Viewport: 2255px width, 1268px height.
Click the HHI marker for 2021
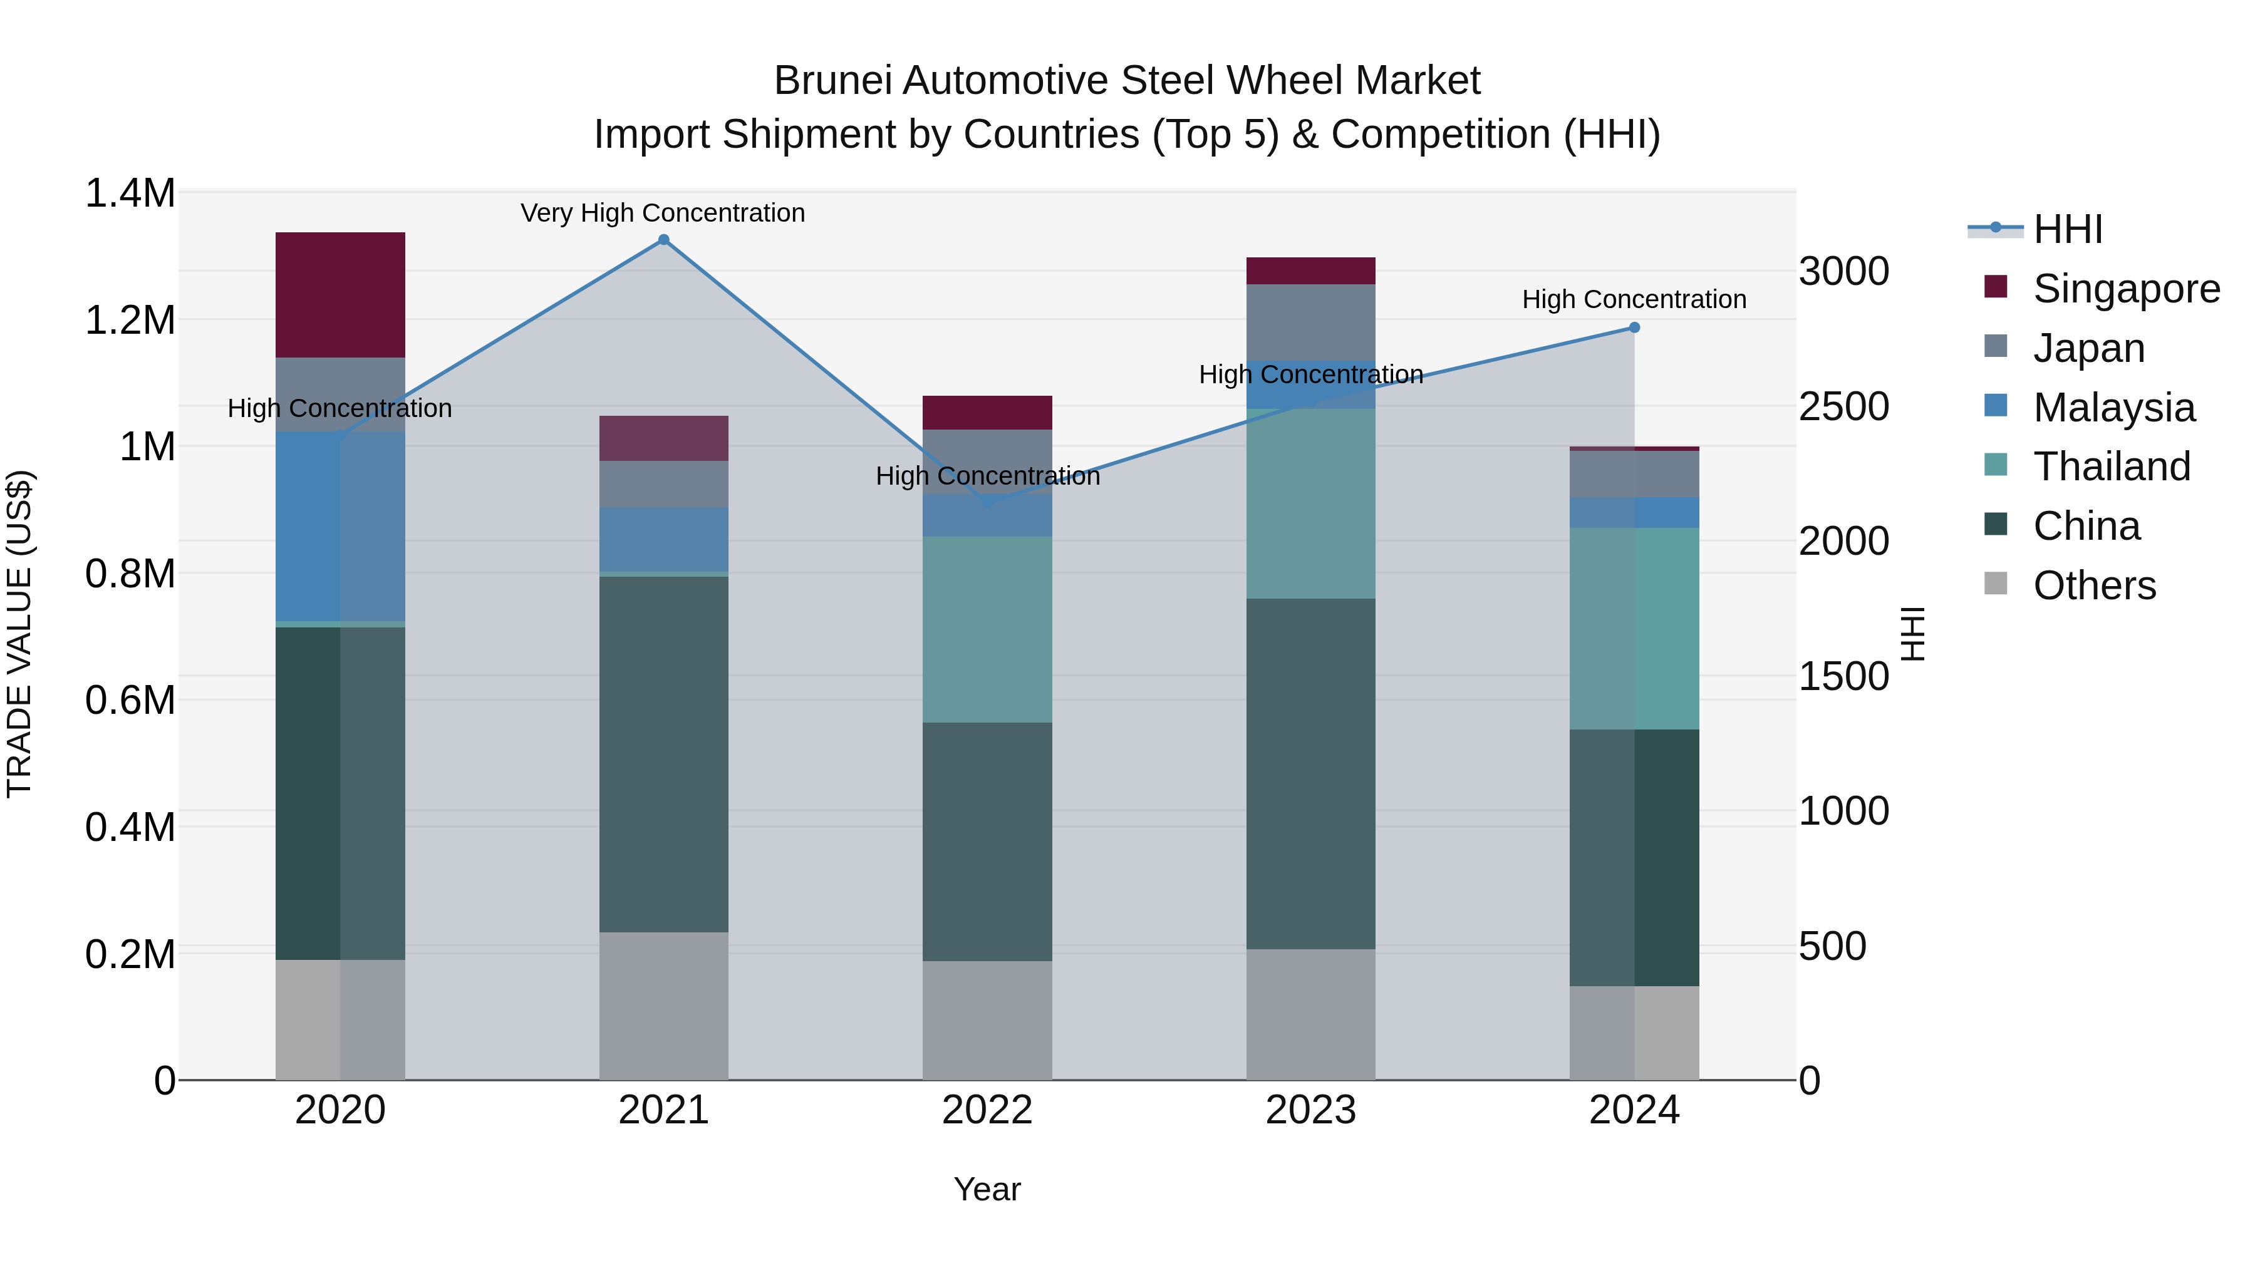coord(663,240)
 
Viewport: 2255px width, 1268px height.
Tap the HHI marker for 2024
coord(1634,327)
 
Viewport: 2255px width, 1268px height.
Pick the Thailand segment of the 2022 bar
coord(987,629)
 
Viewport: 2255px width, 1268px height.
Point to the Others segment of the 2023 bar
coord(1310,1014)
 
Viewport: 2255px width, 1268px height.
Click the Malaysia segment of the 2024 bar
coord(1634,512)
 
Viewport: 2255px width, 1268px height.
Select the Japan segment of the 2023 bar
coord(1310,322)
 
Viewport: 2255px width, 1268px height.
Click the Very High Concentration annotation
coord(663,213)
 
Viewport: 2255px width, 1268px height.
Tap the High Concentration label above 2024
coord(1634,299)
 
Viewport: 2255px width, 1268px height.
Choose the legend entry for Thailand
coord(2112,466)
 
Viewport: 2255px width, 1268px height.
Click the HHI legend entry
coord(2068,229)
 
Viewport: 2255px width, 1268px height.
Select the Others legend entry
coord(2094,585)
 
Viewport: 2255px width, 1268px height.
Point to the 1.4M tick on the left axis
coord(130,193)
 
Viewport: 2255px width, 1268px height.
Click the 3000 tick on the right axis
coord(1843,271)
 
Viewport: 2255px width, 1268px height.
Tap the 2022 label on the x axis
coord(987,1110)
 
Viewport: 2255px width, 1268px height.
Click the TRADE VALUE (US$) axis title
coord(19,634)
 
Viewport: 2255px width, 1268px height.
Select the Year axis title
coord(987,1189)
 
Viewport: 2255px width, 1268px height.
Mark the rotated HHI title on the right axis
coord(1914,634)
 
